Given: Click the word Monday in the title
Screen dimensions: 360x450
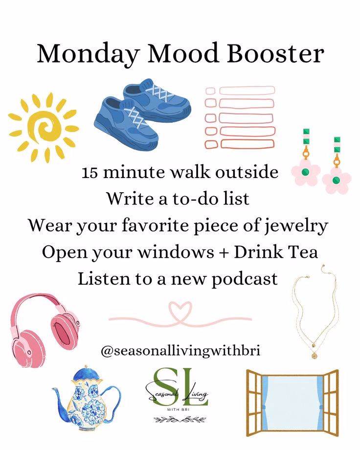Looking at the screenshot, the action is (x=89, y=54).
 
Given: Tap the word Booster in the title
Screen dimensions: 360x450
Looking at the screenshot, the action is (x=275, y=53).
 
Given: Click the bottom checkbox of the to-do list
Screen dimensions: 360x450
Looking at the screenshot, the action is (x=211, y=144).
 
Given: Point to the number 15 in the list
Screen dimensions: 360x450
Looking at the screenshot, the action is (x=90, y=173).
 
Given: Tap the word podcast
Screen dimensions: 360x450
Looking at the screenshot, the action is (x=245, y=279).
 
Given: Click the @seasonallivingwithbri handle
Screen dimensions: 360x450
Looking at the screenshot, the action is (x=180, y=351).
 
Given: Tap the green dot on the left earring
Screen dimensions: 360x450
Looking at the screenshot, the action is (x=306, y=172).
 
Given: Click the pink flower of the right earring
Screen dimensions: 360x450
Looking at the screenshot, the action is (x=337, y=180).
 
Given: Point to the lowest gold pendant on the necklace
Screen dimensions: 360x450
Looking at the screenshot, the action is (x=314, y=356).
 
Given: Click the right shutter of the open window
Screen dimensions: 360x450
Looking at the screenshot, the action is (x=331, y=403).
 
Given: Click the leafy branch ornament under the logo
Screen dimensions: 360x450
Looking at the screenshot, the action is (x=180, y=420).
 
